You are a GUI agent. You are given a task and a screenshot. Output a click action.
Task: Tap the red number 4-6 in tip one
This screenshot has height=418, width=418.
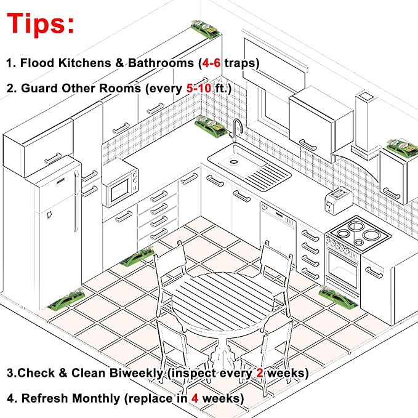click(211, 63)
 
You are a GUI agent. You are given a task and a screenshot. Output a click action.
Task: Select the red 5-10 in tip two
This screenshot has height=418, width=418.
click(199, 88)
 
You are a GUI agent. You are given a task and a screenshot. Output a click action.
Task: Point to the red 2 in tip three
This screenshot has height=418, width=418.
click(260, 373)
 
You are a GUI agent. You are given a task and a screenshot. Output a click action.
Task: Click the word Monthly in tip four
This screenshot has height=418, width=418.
click(96, 398)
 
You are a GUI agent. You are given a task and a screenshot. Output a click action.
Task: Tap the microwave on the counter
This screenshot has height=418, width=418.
click(120, 183)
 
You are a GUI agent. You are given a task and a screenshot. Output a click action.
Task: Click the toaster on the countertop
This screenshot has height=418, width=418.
click(339, 201)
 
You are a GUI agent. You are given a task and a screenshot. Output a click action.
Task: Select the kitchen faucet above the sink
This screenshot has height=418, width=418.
click(236, 130)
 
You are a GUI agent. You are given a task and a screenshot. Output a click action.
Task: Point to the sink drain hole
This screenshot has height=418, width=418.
click(234, 161)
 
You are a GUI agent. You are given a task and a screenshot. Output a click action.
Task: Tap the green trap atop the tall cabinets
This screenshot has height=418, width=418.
click(205, 29)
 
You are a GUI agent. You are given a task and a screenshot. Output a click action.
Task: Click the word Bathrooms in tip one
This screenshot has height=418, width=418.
click(161, 63)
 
